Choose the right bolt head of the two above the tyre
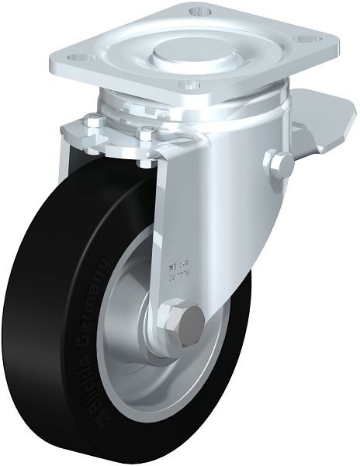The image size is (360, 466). [x=146, y=137]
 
